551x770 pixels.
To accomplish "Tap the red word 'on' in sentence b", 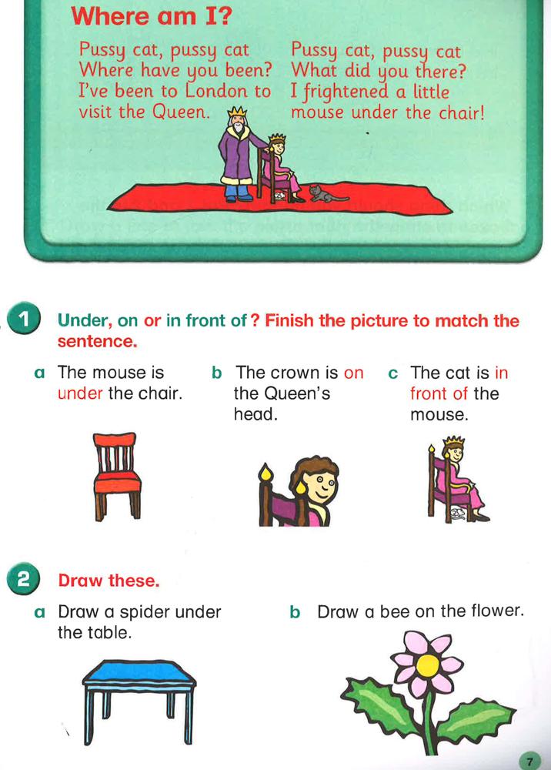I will [354, 373].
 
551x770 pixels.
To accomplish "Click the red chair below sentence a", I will [116, 477].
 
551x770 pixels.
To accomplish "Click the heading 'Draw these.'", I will [109, 580].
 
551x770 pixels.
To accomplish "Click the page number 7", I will [529, 761].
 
